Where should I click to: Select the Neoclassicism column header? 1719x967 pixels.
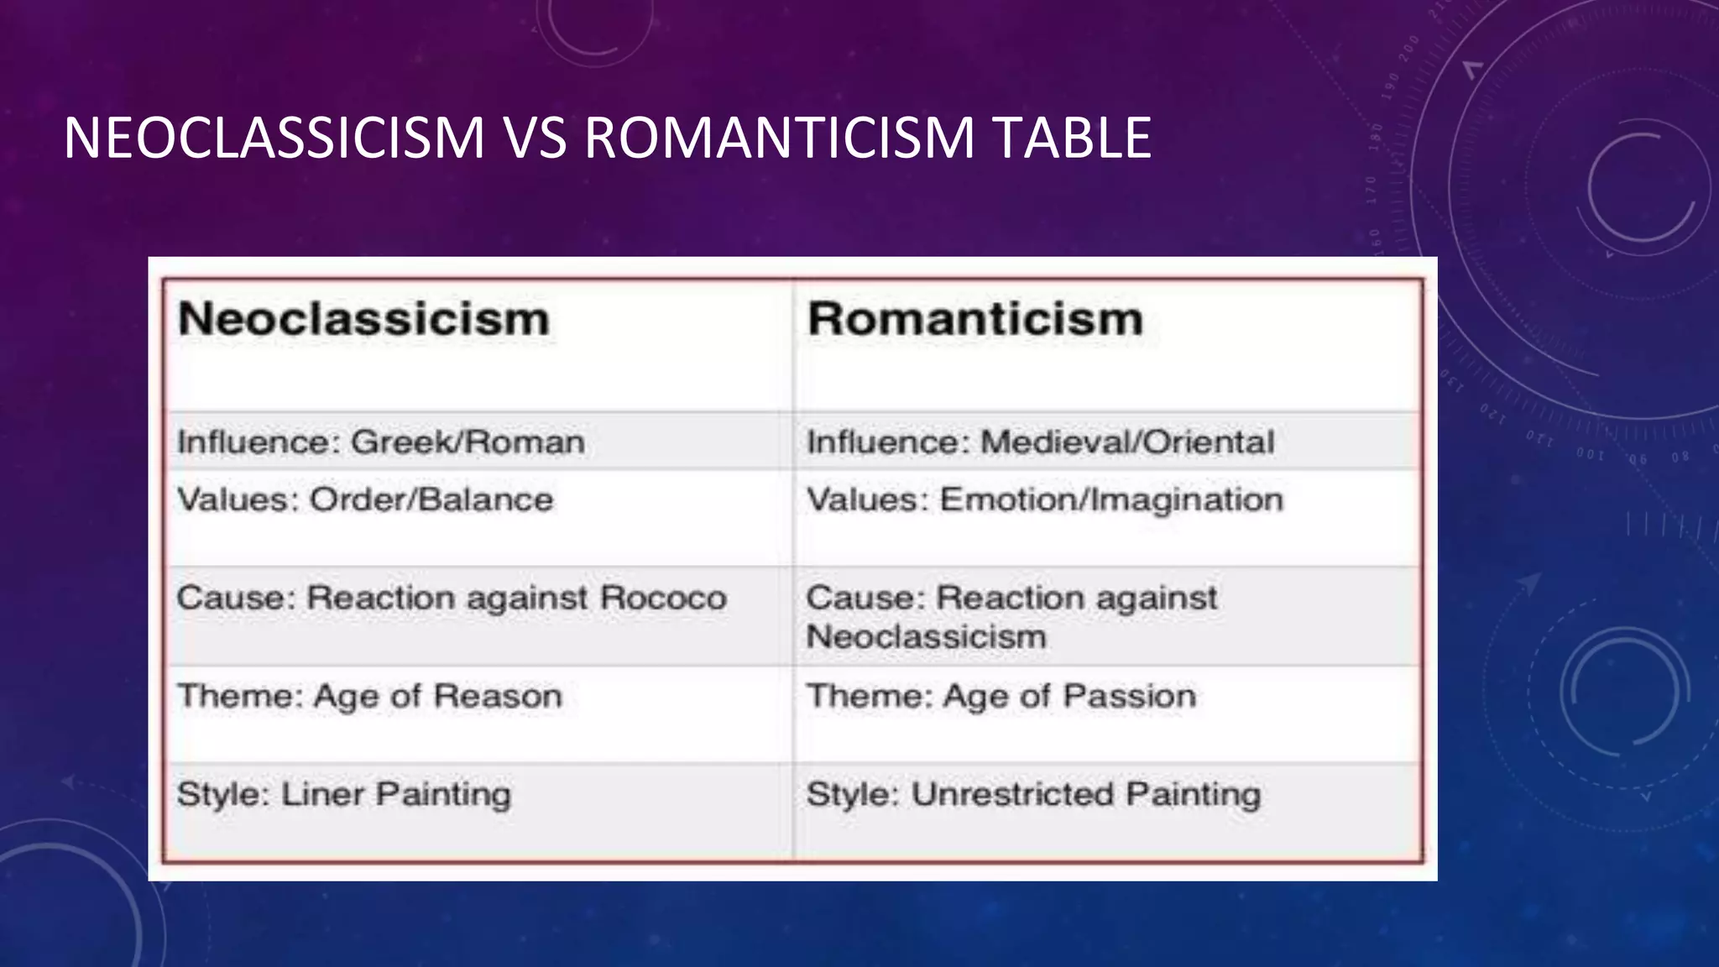(363, 319)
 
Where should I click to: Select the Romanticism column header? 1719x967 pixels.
(974, 319)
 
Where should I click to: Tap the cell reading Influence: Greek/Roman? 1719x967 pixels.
(380, 442)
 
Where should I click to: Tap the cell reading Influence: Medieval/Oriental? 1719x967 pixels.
(1040, 442)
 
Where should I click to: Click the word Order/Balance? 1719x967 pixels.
(431, 499)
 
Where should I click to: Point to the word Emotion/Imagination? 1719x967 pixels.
(1111, 499)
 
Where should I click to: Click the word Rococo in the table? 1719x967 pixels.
(663, 598)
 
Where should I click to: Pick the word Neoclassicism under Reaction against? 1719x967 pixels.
(926, 636)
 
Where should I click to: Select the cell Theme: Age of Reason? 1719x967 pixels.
(369, 697)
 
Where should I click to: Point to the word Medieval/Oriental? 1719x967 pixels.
(1127, 442)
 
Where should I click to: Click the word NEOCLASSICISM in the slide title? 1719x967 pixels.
(274, 138)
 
